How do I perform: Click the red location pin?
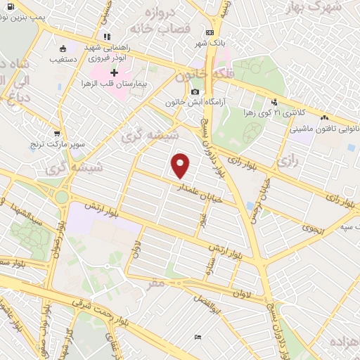point(181,165)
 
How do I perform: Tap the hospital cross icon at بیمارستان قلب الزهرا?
point(115,72)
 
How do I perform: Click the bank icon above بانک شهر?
point(209,32)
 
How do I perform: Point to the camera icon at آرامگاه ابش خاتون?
point(195,91)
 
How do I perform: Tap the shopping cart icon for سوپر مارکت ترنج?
point(56,131)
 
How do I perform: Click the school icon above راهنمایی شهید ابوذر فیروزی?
point(106,37)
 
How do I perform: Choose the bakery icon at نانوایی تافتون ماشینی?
point(324,118)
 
